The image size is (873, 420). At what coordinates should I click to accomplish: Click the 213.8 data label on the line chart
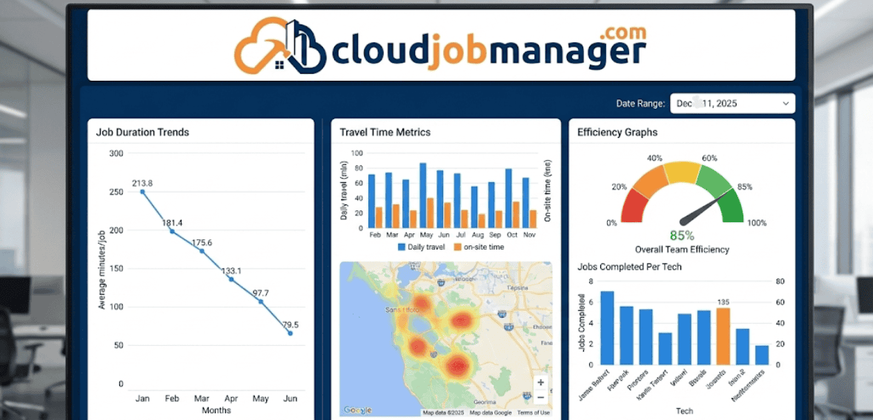tap(142, 183)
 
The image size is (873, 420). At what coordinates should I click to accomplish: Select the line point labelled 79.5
tap(291, 333)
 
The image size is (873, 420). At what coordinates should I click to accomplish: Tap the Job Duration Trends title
tap(142, 133)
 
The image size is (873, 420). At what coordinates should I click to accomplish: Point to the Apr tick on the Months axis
tap(231, 399)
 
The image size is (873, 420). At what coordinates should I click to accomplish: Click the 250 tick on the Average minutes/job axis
tap(116, 192)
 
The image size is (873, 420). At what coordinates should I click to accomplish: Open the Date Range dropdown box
tap(732, 104)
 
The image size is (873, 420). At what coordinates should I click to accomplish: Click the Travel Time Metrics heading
tap(385, 133)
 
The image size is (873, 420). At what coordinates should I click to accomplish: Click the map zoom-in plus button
tap(541, 383)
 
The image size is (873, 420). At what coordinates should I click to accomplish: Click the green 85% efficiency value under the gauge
tap(682, 236)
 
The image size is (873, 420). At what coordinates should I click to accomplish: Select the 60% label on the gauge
tap(709, 158)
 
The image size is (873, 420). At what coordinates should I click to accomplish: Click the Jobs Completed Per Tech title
tap(629, 267)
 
